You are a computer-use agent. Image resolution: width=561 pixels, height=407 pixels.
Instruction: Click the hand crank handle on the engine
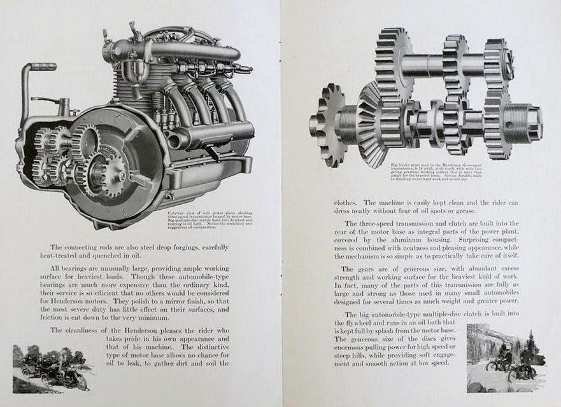pos(39,66)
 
